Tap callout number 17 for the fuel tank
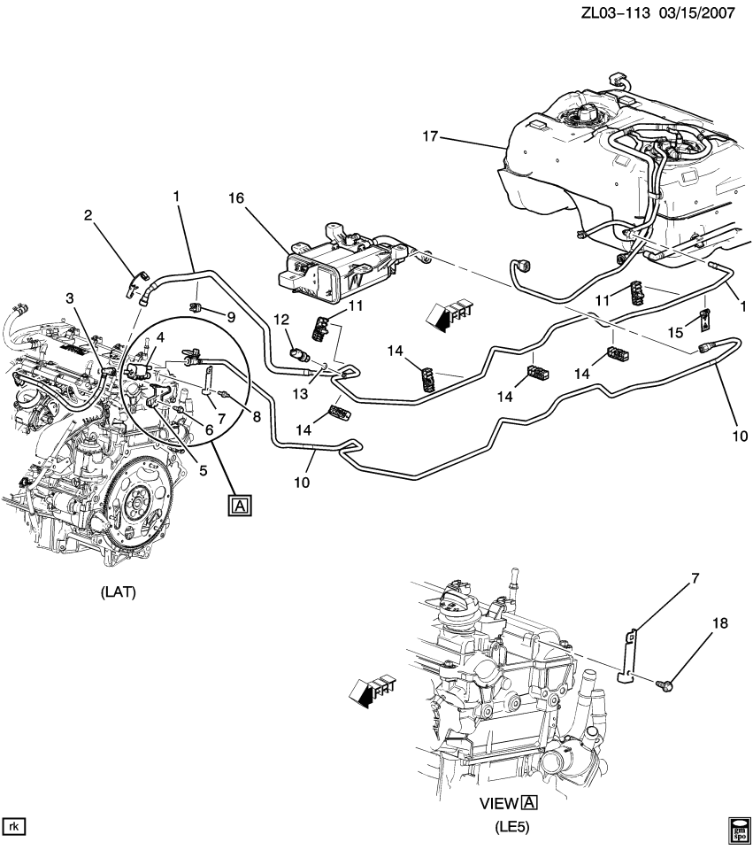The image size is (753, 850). coord(431,136)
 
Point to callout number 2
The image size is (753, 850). coord(88,214)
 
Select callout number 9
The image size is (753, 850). coord(230,316)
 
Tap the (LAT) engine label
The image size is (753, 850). coord(118,592)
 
